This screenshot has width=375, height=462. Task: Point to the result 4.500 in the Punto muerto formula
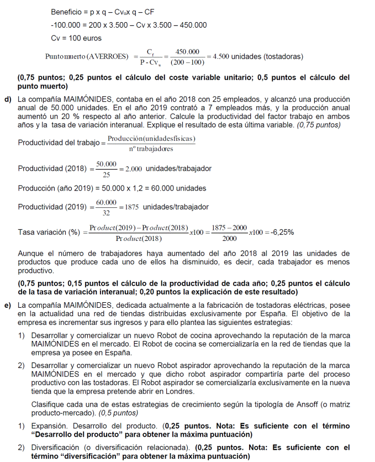[x=223, y=57]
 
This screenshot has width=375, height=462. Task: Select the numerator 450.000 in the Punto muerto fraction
[x=187, y=52]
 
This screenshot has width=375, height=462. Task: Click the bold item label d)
[x=8, y=99]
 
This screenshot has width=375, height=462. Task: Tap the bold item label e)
[x=8, y=305]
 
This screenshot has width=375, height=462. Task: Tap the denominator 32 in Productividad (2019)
[x=107, y=213]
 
